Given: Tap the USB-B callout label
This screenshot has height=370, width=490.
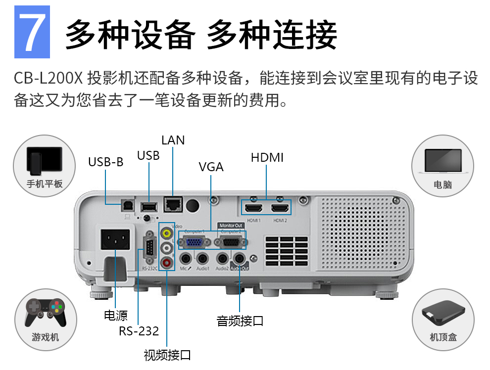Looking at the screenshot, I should tap(105, 162).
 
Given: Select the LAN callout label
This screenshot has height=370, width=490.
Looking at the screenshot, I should tap(173, 140).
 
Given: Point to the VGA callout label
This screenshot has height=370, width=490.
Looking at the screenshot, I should tap(211, 167).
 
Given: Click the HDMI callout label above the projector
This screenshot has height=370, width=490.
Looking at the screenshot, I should tap(267, 158).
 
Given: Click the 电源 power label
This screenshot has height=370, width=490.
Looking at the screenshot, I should tap(115, 316).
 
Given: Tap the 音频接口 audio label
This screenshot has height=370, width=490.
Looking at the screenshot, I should tap(240, 321).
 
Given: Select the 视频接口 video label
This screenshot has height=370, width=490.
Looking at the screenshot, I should tap(167, 355).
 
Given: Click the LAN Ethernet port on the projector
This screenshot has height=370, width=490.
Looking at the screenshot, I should tap(173, 202).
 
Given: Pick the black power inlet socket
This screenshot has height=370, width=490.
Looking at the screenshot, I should tap(116, 239).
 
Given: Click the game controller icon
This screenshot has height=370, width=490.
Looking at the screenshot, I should tap(45, 312).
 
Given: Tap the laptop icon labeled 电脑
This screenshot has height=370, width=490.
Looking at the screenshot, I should tap(442, 161).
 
